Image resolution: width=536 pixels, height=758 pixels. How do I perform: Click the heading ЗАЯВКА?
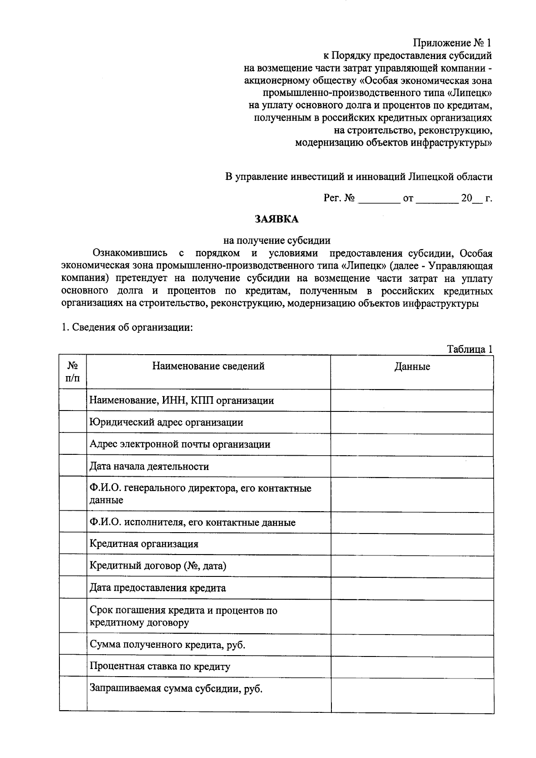(x=276, y=219)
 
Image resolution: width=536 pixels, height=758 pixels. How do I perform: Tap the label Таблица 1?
(x=470, y=349)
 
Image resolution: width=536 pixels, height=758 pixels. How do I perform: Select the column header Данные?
(x=412, y=367)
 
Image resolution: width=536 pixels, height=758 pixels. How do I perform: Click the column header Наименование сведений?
(x=208, y=366)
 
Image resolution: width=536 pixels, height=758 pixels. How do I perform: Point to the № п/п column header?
(x=73, y=372)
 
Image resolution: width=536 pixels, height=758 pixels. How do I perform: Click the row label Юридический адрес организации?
(x=166, y=422)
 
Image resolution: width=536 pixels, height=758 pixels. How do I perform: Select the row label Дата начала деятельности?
(x=149, y=466)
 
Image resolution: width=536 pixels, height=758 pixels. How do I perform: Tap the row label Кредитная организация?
(x=144, y=544)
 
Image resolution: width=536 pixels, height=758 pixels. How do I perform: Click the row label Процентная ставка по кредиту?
(x=160, y=666)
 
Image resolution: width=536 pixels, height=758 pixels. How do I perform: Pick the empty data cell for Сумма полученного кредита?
(x=412, y=644)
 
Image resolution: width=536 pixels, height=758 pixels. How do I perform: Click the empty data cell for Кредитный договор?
(x=412, y=566)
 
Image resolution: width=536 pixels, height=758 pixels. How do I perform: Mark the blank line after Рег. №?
(x=379, y=199)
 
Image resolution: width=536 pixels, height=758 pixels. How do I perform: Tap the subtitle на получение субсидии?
(x=277, y=241)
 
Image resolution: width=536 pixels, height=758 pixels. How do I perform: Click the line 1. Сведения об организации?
(x=127, y=327)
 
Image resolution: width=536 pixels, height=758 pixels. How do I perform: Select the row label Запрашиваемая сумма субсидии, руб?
(x=176, y=689)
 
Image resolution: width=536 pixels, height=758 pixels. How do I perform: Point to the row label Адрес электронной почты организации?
(x=180, y=445)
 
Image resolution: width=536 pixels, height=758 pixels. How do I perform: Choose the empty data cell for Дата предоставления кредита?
(x=412, y=588)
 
